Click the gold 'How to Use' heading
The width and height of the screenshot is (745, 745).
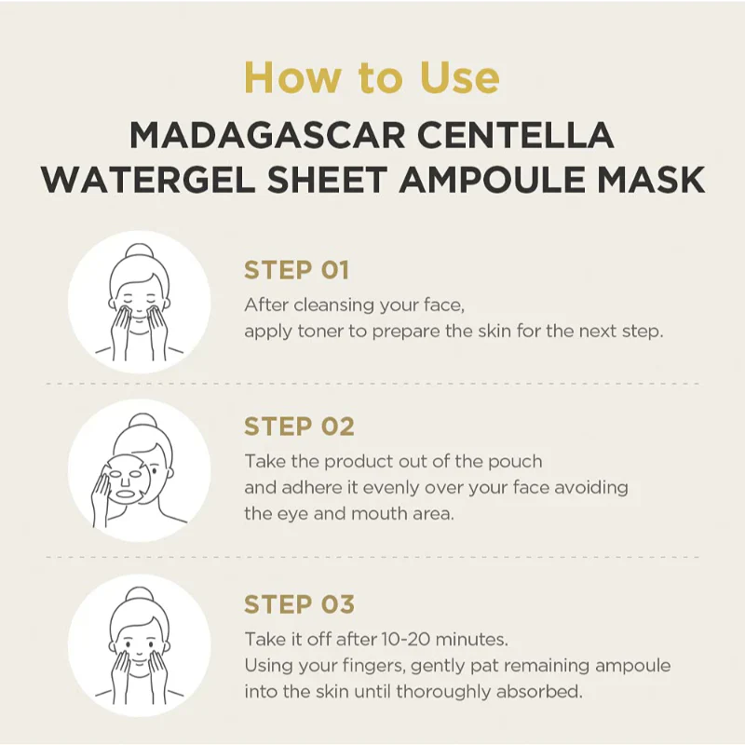pyautogui.click(x=372, y=77)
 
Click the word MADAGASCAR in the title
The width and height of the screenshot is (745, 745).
pyautogui.click(x=267, y=135)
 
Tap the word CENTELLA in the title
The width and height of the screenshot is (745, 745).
pyautogui.click(x=516, y=135)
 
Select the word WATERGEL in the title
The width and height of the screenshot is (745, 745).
pyautogui.click(x=149, y=180)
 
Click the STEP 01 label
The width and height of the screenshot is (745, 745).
pyautogui.click(x=296, y=270)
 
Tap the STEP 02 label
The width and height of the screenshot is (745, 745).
pyautogui.click(x=299, y=427)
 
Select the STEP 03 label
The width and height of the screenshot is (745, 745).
pyautogui.click(x=299, y=604)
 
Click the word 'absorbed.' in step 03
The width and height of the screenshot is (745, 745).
pyautogui.click(x=539, y=692)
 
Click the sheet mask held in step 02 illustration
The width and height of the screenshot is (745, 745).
pyautogui.click(x=126, y=479)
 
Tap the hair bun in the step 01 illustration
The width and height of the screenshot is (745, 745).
pyautogui.click(x=139, y=251)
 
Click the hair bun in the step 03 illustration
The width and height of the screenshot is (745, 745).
pyautogui.click(x=139, y=594)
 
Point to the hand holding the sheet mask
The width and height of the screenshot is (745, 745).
pyautogui.click(x=101, y=499)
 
